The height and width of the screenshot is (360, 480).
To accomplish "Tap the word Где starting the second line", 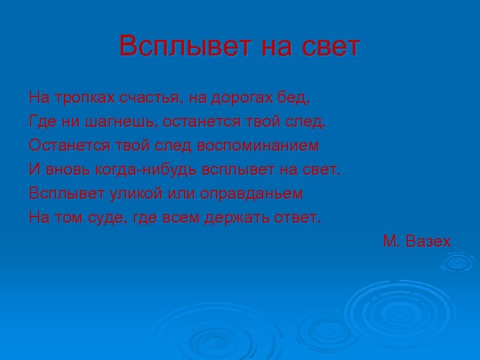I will (x=43, y=121).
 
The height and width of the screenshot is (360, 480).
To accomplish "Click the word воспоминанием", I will (x=256, y=145).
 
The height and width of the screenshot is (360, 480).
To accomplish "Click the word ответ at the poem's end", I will (x=299, y=217).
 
